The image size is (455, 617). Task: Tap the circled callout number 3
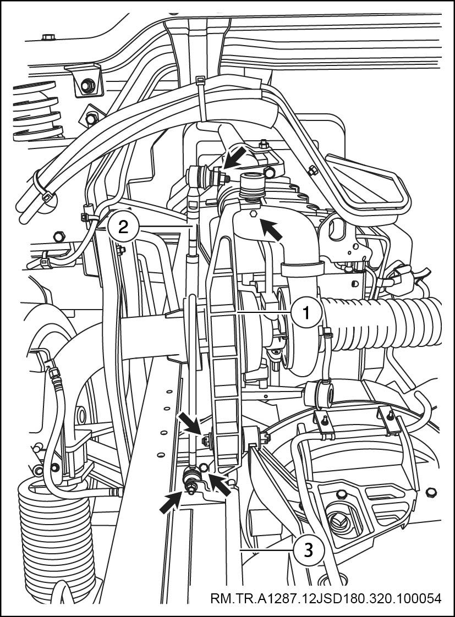click(308, 550)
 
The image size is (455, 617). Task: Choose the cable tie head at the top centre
click(200, 82)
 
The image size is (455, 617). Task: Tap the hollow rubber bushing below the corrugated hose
click(320, 394)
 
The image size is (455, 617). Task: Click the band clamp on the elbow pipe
click(302, 270)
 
